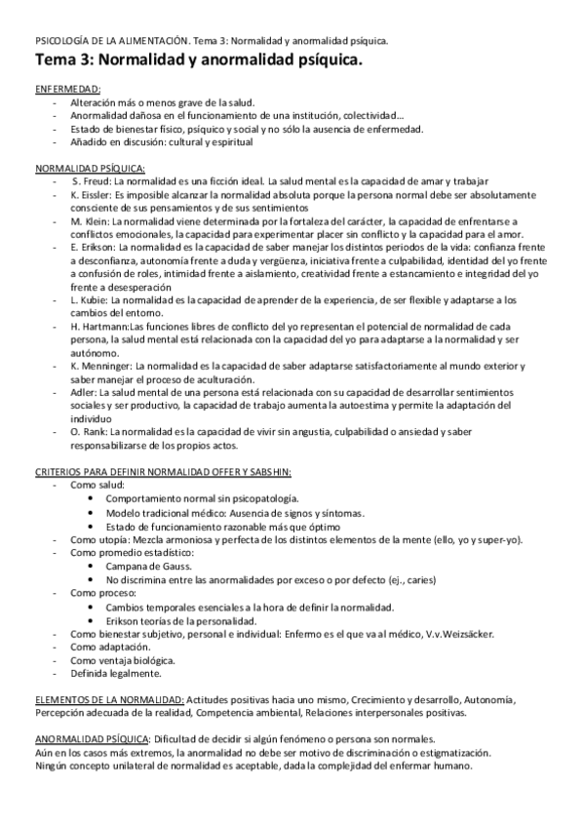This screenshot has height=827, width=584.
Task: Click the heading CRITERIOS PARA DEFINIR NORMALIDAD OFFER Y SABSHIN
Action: [162, 471]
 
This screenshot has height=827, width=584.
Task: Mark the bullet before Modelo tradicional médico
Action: [90, 512]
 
